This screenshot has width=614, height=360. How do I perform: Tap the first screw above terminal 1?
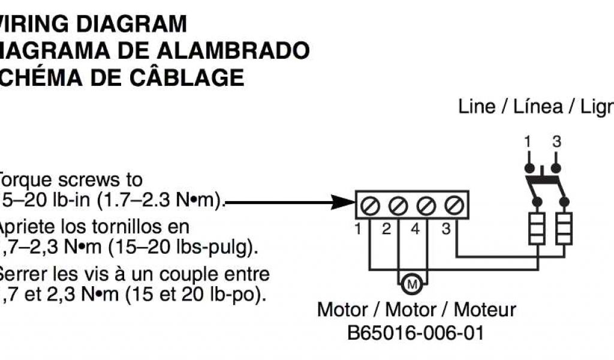point(370,206)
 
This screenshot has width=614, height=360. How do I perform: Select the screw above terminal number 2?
point(398,206)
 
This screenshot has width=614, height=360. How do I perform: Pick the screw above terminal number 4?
point(426,206)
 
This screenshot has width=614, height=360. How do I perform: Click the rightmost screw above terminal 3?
point(453,206)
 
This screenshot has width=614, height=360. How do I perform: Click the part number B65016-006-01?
point(416,332)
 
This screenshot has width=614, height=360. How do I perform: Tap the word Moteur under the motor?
point(484,310)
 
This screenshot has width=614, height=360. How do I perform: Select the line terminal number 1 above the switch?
point(528,143)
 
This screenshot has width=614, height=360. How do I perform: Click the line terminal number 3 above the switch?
point(556,143)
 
